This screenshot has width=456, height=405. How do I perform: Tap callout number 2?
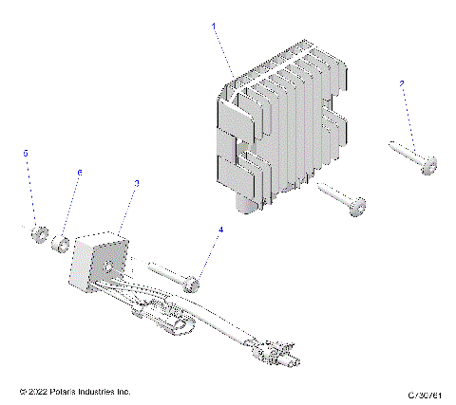[x=402, y=85]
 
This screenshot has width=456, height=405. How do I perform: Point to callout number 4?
[x=221, y=230]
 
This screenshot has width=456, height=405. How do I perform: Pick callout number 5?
[x=27, y=152]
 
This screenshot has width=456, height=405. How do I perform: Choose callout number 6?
[x=80, y=172]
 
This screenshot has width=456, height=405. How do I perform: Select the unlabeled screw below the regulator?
[x=342, y=199]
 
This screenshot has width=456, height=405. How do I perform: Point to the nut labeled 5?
[x=38, y=233]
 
